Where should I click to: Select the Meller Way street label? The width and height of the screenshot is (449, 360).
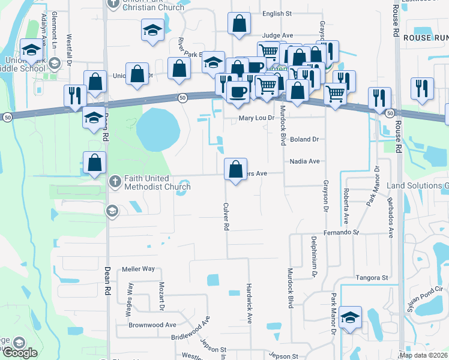pos(138,269)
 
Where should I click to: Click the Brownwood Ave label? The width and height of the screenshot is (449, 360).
pos(152,325)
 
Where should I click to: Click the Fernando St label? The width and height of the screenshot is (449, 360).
pos(340,232)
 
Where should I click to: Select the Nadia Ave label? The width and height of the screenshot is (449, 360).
pos(304,161)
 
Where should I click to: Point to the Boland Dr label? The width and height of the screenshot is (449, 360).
pos(304,139)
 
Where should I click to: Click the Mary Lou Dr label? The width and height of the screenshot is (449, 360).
pos(256,118)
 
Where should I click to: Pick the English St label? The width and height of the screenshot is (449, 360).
pos(277,13)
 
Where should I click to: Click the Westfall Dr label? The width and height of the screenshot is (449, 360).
pos(70,49)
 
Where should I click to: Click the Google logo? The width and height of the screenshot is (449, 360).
pos(19,352)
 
